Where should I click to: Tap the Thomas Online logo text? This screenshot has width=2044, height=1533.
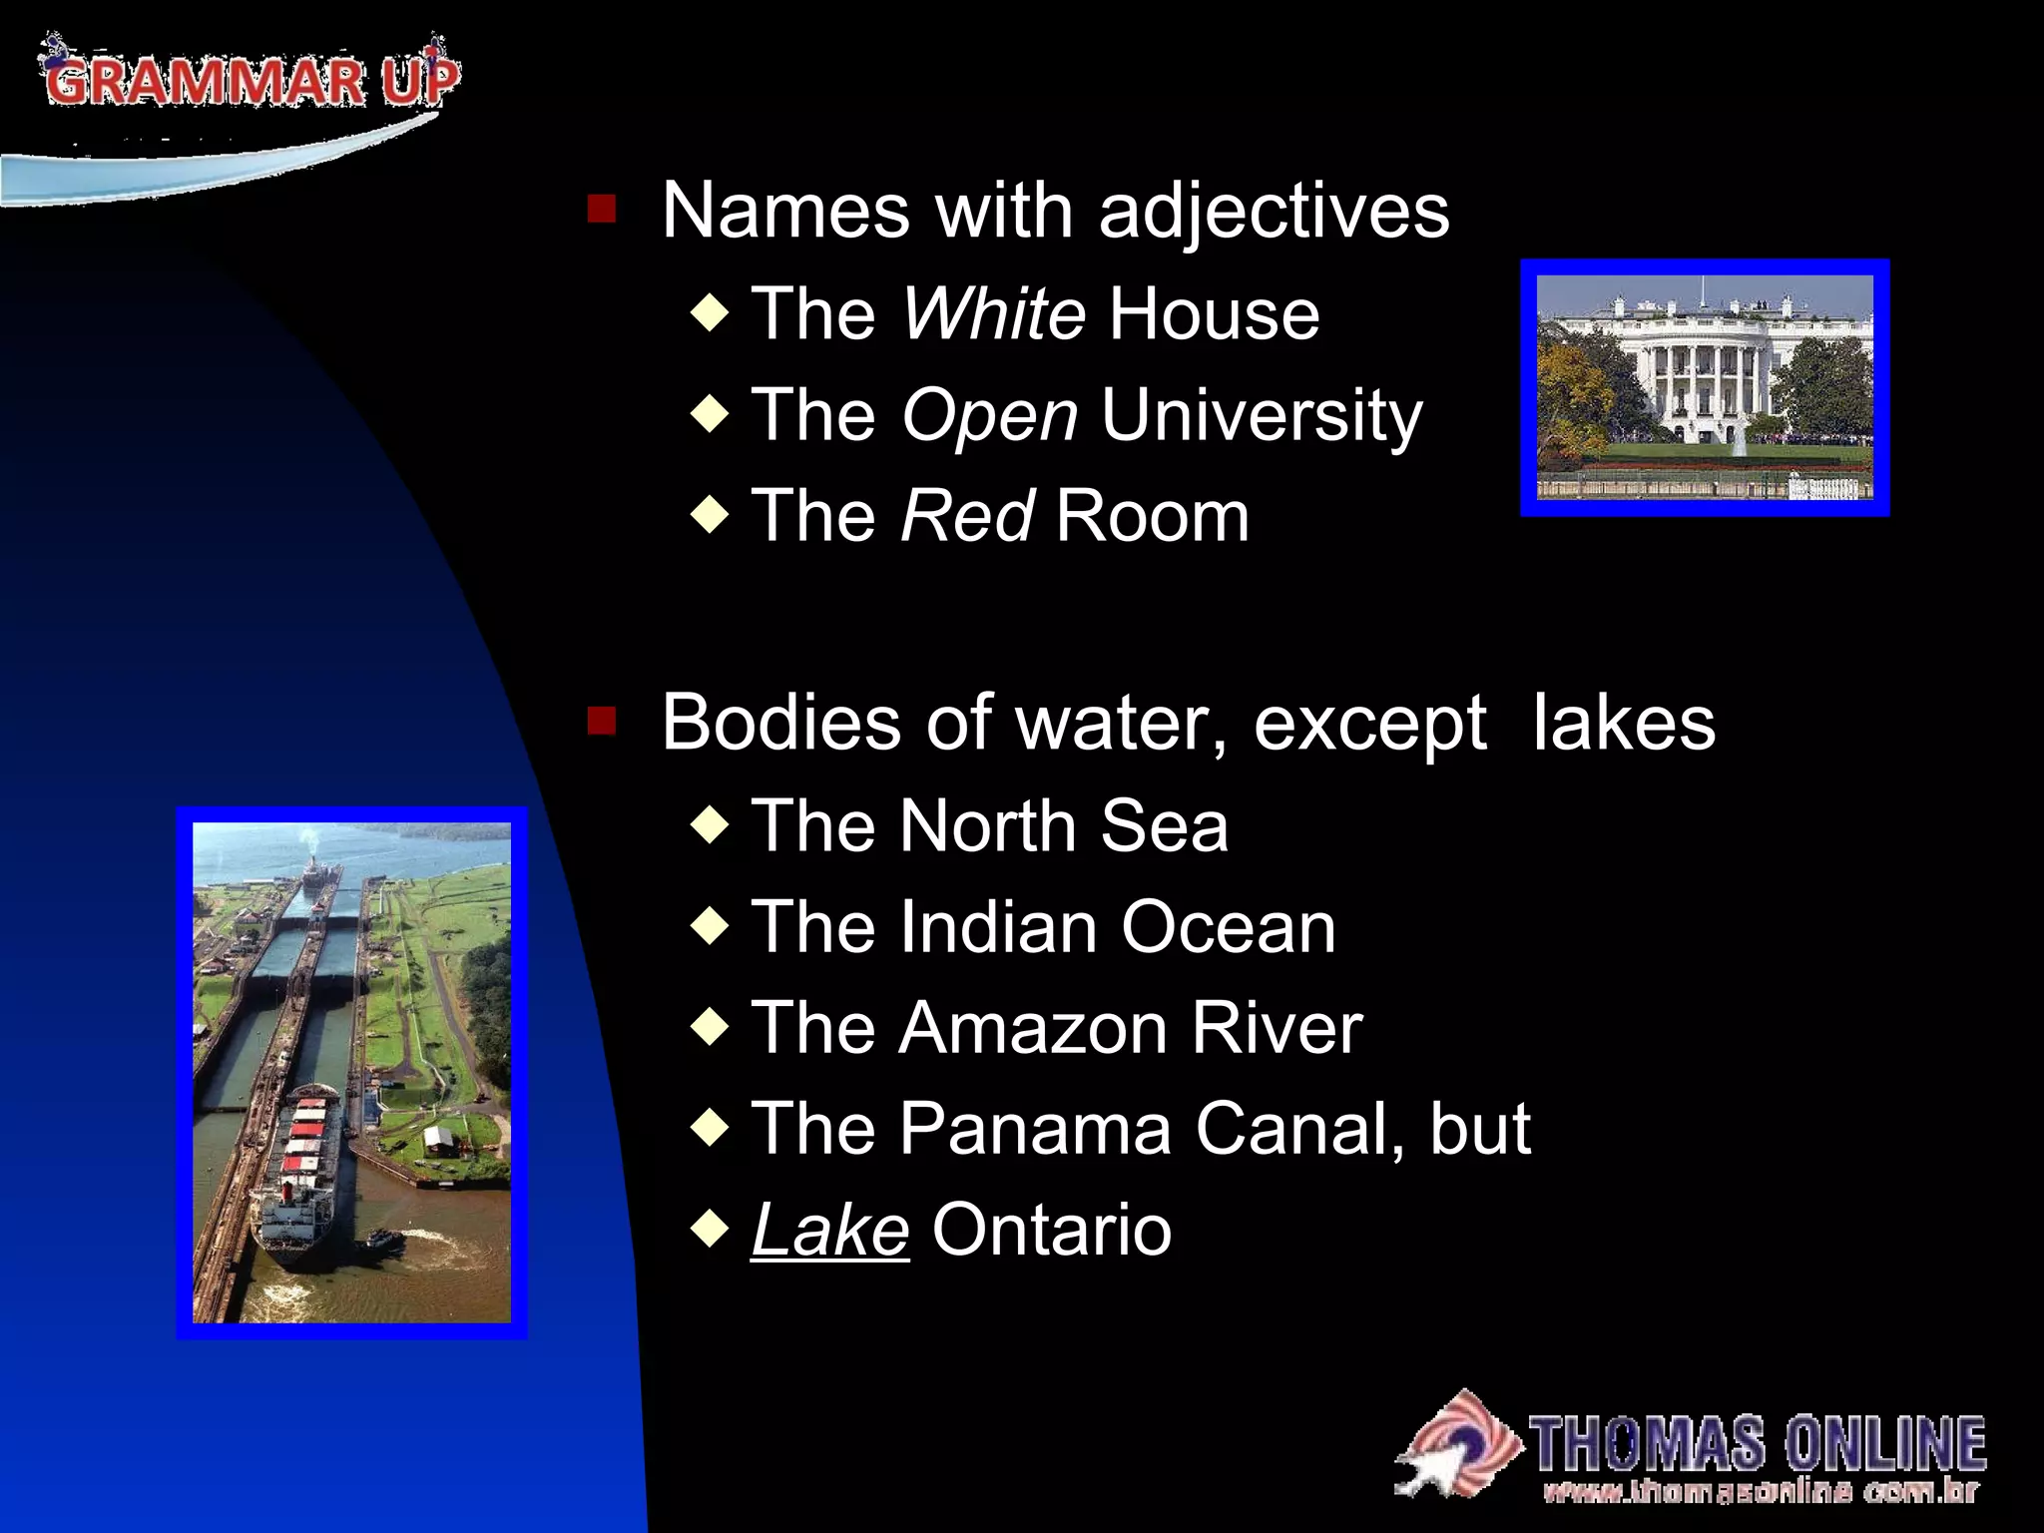(x=1757, y=1443)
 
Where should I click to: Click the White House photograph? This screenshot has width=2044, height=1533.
(x=1705, y=387)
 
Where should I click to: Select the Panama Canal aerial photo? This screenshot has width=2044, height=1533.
(x=351, y=1072)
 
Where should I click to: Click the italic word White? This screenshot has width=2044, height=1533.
(x=993, y=314)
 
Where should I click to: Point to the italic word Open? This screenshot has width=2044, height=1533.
(x=989, y=415)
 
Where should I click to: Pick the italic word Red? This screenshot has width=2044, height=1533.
(x=967, y=517)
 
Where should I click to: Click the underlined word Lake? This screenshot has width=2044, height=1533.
(x=829, y=1230)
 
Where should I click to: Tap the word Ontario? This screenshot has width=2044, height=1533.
(x=1051, y=1230)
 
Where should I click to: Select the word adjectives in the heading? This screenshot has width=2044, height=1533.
(x=1274, y=212)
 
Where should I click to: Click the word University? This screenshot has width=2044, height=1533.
(x=1262, y=415)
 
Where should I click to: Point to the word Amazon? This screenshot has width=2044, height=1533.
(x=1032, y=1028)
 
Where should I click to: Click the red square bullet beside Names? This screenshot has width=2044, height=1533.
(x=602, y=210)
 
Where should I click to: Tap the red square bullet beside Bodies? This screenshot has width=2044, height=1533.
(x=602, y=721)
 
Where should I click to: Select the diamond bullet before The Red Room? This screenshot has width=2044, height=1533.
(x=710, y=515)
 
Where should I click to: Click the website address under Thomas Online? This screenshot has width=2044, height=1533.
(x=1761, y=1492)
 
